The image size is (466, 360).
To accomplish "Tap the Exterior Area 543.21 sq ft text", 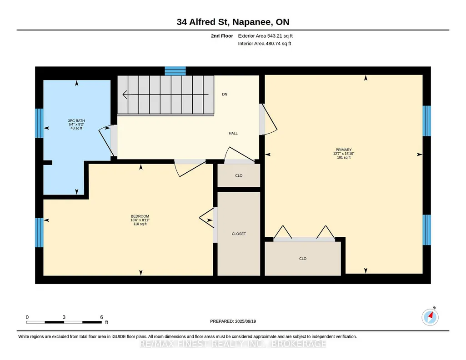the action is [266, 36].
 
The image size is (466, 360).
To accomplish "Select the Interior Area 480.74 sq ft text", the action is [265, 43].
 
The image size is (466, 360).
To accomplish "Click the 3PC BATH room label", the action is [76, 120].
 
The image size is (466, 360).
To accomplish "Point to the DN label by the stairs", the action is [225, 94].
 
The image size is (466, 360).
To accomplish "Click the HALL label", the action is [233, 133].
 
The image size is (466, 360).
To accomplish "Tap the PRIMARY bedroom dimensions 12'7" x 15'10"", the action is [344, 154].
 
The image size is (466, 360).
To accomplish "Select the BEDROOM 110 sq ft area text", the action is [140, 224].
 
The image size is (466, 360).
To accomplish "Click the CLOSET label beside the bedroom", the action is [239, 234].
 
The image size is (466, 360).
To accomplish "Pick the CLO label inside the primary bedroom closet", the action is [303, 259].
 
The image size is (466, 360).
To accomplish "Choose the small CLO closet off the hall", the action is [239, 175].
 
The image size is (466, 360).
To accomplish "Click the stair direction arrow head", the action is [125, 95].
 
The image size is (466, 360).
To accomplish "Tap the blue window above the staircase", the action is [175, 71].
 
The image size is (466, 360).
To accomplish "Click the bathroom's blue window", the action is [39, 123].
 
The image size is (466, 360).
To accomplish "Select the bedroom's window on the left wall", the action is [39, 233].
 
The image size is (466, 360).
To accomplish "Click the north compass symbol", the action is [430, 317].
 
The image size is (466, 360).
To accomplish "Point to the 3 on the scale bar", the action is [64, 317].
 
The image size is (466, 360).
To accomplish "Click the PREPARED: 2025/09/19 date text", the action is [233, 321].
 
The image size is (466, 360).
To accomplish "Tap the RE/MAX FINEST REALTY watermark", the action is [233, 344].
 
